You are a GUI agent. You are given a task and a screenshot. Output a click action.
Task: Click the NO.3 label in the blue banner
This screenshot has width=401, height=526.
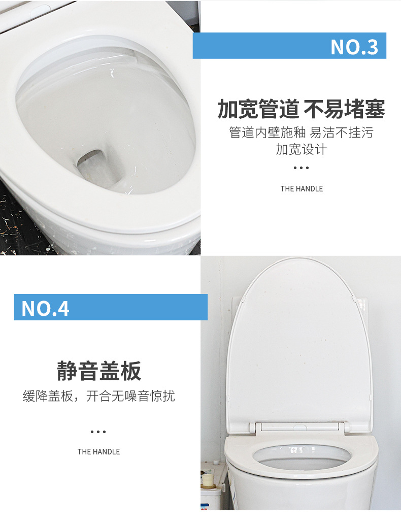coord(354,47)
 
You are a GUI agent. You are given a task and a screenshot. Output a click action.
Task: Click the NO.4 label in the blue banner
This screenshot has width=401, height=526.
coord(45,309)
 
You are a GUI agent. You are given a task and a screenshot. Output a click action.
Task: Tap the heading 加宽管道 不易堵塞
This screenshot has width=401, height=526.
coord(301,109)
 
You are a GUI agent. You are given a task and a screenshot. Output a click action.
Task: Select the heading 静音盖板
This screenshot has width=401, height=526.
coord(99,371)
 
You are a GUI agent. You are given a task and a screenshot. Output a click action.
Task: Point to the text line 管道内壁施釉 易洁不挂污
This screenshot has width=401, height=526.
coord(301,133)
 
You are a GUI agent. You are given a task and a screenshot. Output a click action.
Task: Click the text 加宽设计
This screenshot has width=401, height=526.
coord(301,149)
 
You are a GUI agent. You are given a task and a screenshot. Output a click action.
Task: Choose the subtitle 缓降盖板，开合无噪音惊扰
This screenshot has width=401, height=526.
coord(98,396)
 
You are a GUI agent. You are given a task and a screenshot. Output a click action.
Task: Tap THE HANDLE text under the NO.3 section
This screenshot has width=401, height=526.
coord(302,189)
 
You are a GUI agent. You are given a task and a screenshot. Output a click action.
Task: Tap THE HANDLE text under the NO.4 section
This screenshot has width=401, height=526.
coord(98,452)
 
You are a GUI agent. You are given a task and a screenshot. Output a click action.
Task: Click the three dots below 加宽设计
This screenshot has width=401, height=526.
coord(301,168)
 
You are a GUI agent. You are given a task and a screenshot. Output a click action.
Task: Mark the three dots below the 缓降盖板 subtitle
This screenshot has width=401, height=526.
coord(98,432)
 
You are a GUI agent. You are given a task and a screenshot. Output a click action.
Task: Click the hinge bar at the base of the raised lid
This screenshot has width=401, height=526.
coord(299,427)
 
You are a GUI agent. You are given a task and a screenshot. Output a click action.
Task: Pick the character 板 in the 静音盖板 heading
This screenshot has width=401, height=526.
coord(131,371)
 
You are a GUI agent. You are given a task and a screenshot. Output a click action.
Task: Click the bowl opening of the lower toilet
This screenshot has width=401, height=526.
coord(302,457)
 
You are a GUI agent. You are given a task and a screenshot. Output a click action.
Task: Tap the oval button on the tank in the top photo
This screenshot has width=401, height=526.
coord(40,11)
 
